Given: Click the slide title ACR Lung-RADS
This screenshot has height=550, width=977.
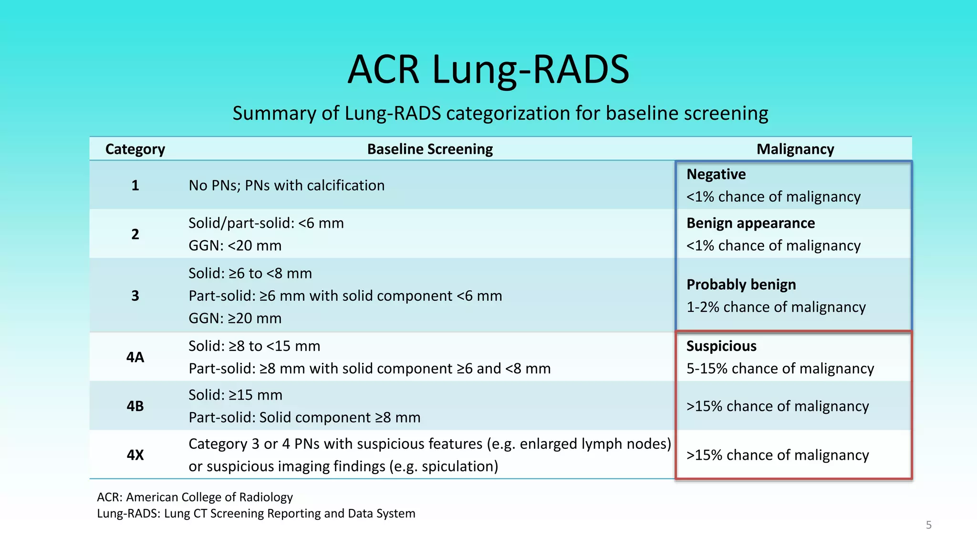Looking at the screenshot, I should pyautogui.click(x=488, y=69).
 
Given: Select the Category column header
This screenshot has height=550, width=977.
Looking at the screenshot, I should pyautogui.click(x=135, y=149).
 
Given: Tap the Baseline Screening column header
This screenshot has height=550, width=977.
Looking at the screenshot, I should pyautogui.click(x=430, y=149).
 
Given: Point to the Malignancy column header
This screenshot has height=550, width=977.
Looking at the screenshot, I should pyautogui.click(x=795, y=149).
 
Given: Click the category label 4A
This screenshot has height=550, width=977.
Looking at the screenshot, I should pyautogui.click(x=135, y=357).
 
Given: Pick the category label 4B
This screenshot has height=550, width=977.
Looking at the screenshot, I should pyautogui.click(x=135, y=406).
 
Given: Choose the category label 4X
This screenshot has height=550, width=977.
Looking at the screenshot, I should pyautogui.click(x=135, y=455).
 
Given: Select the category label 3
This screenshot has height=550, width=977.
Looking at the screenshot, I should pyautogui.click(x=135, y=296).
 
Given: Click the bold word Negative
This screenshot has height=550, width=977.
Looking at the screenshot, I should pyautogui.click(x=716, y=174).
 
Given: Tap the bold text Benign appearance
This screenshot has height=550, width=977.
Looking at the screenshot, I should pyautogui.click(x=750, y=223).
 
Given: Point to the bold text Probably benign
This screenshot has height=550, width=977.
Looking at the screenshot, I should pyautogui.click(x=741, y=285).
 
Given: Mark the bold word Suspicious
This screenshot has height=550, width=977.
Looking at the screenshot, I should pyautogui.click(x=721, y=346).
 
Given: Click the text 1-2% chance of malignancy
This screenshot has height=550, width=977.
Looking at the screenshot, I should pyautogui.click(x=776, y=307).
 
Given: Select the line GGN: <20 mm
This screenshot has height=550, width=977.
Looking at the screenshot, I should pyautogui.click(x=235, y=245).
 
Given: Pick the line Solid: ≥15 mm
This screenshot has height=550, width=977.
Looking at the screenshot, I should pyautogui.click(x=235, y=395).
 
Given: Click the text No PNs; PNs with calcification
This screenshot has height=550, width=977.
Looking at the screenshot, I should pyautogui.click(x=286, y=185).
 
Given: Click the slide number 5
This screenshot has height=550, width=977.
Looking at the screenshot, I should pyautogui.click(x=928, y=525).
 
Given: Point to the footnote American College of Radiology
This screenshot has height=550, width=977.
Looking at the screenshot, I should pyautogui.click(x=209, y=497).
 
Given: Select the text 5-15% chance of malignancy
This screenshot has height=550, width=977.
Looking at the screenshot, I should pyautogui.click(x=780, y=369).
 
